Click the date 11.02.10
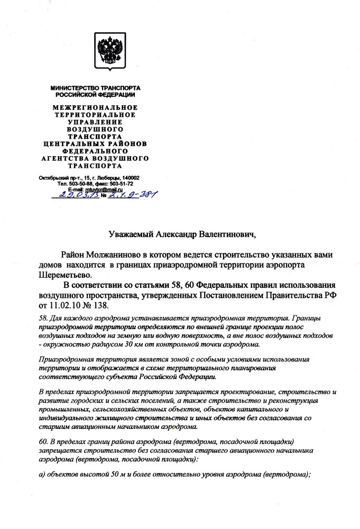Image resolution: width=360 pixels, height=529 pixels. coord(67,306)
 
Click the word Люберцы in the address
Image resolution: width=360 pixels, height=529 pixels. coord(106,178)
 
